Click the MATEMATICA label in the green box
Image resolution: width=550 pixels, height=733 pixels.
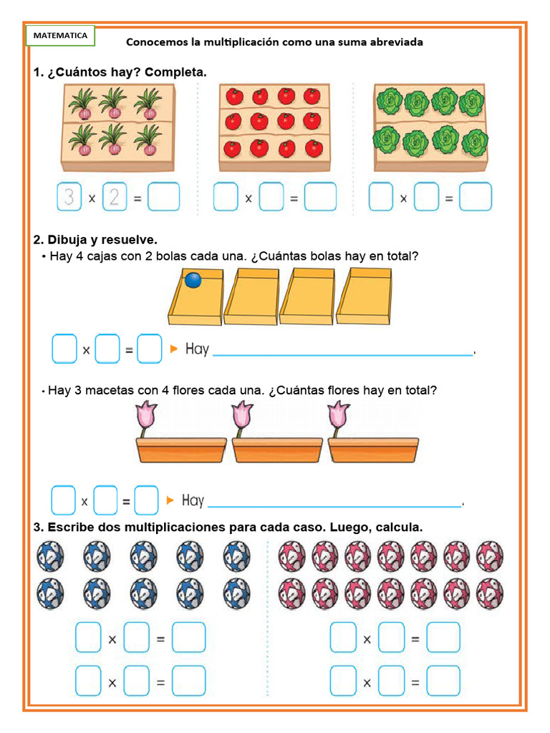tap(61, 35)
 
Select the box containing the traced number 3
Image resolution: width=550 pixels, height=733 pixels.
tap(69, 197)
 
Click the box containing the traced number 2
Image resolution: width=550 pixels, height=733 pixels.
tap(115, 197)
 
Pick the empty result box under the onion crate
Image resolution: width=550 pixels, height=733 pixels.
tap(163, 197)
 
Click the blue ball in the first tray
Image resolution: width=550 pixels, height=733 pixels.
tap(193, 280)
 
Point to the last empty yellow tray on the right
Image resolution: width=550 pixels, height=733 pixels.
tap(364, 295)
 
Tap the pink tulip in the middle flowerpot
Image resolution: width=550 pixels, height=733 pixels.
tap(241, 418)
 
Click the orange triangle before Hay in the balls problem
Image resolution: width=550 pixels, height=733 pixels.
tap(173, 349)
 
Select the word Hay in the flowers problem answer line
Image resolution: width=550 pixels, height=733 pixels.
tap(193, 500)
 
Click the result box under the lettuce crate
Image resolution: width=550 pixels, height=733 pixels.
tap(476, 197)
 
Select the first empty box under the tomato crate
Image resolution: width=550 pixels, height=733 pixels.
tap(226, 197)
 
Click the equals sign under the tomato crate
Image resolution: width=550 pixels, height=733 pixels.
tap(294, 198)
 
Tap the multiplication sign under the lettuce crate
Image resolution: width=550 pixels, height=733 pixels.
tap(404, 198)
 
